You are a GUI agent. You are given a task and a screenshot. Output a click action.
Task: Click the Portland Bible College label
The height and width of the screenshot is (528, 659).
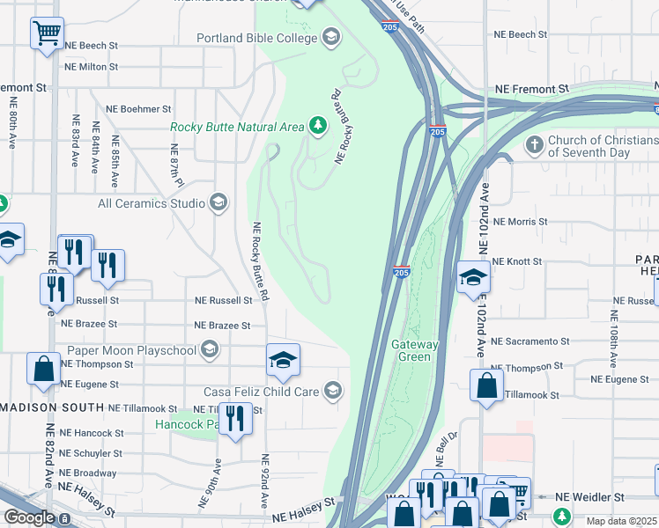pyautogui.click(x=256, y=38)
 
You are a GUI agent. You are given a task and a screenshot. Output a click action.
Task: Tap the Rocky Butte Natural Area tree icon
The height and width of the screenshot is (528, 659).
pyautogui.click(x=317, y=127)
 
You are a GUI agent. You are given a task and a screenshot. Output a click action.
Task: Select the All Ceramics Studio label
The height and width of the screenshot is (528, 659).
pyautogui.click(x=151, y=203)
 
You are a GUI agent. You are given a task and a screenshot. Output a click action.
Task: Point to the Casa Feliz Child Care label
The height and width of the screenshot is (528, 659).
pyautogui.click(x=261, y=391)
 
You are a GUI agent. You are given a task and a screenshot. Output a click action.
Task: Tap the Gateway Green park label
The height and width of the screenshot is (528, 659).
pyautogui.click(x=411, y=350)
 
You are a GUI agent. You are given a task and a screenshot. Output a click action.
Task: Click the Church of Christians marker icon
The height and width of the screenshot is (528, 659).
pyautogui.click(x=533, y=143)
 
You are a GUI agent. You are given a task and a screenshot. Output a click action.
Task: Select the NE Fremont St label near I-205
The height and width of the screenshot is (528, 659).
pyautogui.click(x=531, y=89)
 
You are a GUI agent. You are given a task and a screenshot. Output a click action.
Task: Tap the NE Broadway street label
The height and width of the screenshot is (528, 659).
pyautogui.click(x=87, y=473)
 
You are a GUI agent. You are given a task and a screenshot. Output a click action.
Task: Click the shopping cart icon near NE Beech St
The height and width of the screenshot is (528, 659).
pyautogui.click(x=47, y=34)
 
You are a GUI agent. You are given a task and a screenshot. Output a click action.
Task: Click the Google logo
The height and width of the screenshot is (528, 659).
pyautogui.click(x=28, y=517)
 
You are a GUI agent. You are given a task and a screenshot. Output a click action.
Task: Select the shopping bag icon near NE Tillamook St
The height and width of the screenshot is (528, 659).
pyautogui.click(x=485, y=385)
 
